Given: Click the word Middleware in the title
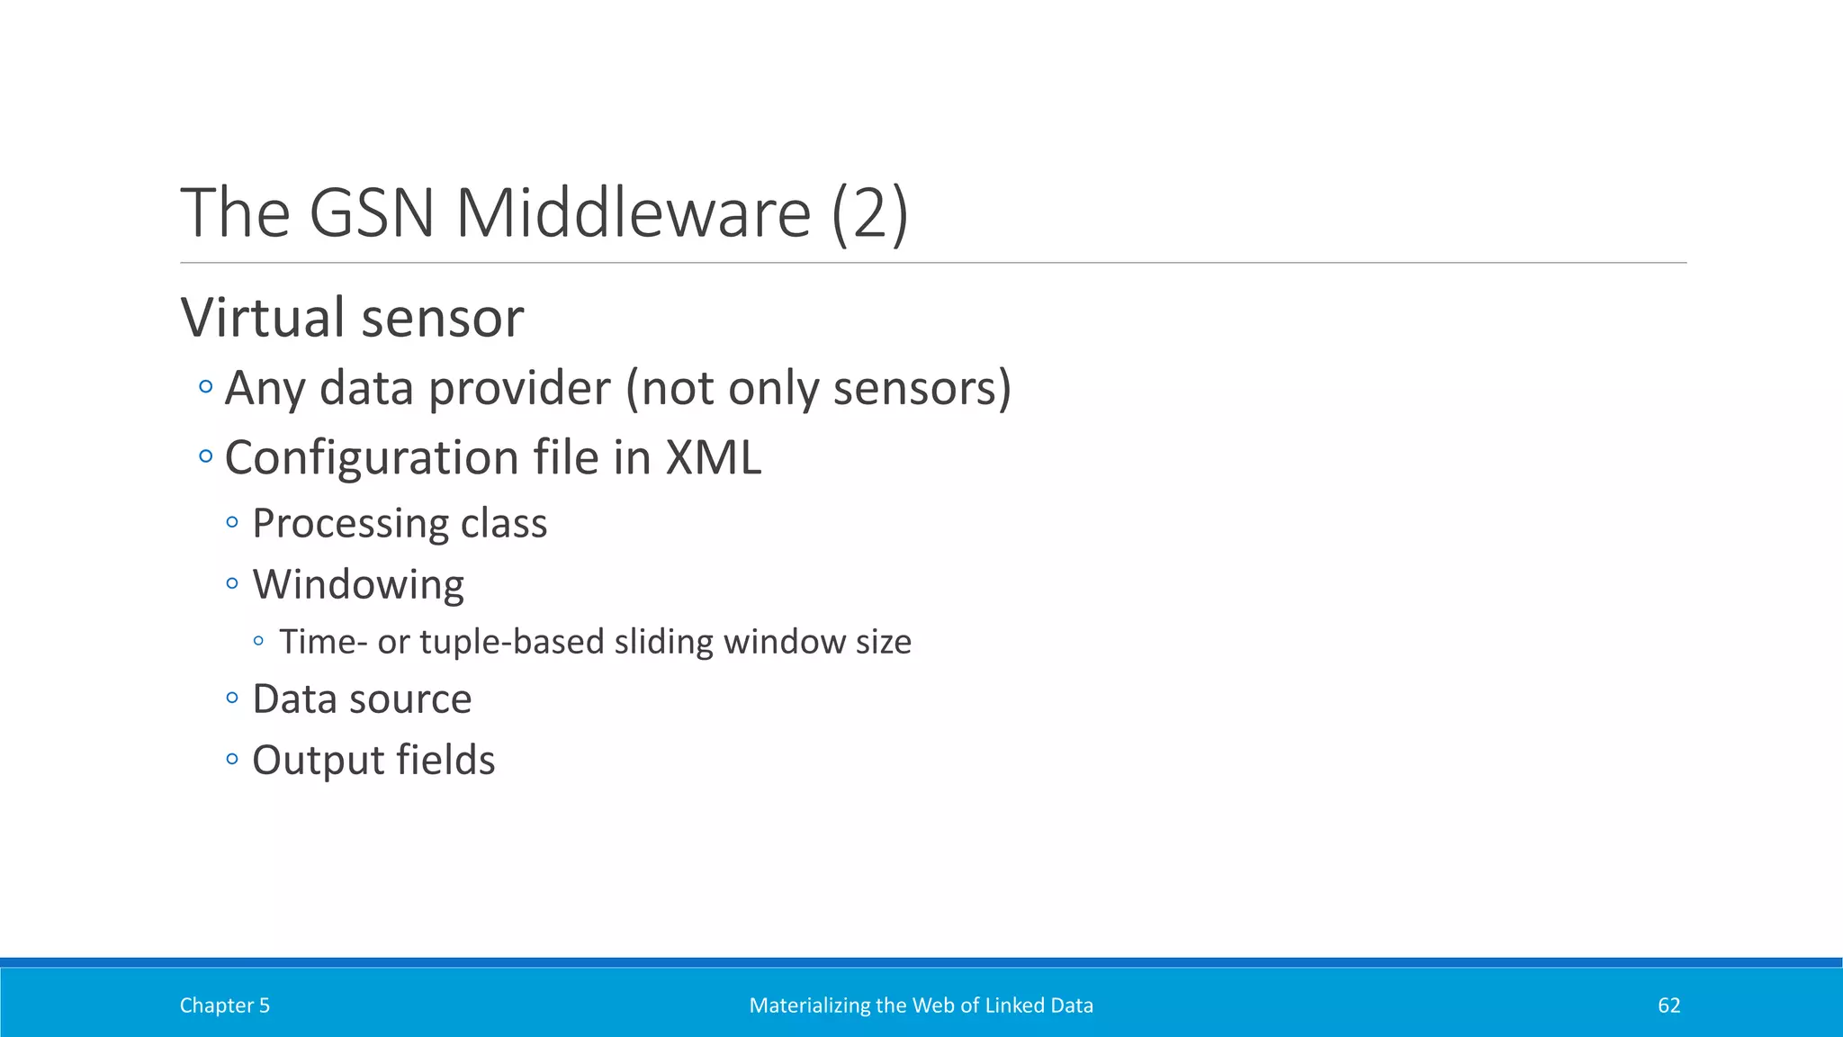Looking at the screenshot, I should point(633,213).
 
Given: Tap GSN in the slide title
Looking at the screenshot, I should point(372,213).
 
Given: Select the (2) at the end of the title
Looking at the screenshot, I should point(869,213).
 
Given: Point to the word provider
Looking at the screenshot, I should point(519,389).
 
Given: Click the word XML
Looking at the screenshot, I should point(713,457).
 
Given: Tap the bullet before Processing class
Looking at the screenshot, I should point(232,522).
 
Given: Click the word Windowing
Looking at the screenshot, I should point(358,585).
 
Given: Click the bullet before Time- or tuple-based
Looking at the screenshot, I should point(259,641).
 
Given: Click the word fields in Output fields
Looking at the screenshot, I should point(445,760).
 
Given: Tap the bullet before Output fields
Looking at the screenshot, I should point(232,759).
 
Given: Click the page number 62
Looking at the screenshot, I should point(1668,1005).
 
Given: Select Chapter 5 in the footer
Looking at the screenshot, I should point(224,1005).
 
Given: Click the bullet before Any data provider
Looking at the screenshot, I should point(206,387).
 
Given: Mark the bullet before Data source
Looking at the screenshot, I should point(232,698).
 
